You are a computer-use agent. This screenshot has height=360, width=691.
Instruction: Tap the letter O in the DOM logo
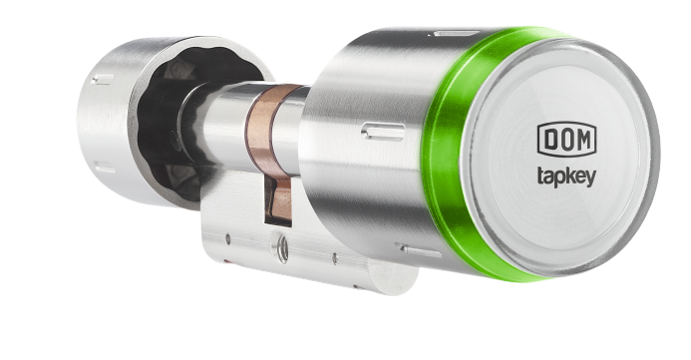tap(565, 140)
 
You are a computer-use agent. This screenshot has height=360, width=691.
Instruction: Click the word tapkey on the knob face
tap(566, 177)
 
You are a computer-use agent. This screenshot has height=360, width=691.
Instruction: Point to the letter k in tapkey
tap(569, 175)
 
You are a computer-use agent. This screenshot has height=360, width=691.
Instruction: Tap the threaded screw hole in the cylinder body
tap(282, 248)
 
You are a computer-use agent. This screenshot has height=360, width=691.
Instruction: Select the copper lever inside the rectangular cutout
tap(278, 198)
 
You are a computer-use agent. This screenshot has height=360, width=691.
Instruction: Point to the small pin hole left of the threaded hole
tap(227, 239)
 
